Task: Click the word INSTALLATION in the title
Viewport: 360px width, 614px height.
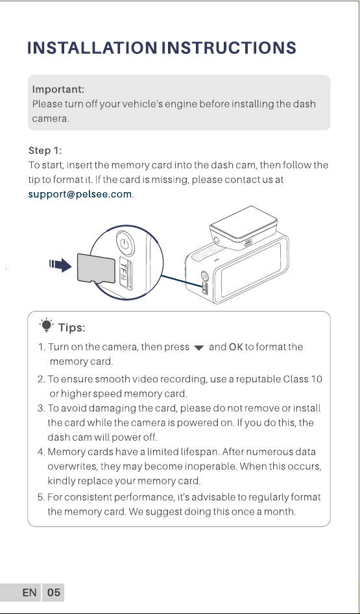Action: [x=92, y=48]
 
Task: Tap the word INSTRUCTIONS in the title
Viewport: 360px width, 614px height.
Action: [x=229, y=48]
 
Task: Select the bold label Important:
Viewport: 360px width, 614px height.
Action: [x=58, y=90]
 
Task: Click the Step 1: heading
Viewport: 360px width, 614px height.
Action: [x=45, y=151]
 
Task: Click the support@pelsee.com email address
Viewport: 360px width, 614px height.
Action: [x=80, y=194]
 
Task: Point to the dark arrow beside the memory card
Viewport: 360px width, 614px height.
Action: [x=60, y=265]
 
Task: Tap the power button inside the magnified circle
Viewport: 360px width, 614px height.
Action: [x=125, y=243]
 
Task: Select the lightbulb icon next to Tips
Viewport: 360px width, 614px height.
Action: [x=46, y=325]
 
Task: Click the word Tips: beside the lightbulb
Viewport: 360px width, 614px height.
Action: [x=71, y=327]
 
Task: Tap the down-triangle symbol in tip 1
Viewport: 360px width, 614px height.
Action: [x=198, y=348]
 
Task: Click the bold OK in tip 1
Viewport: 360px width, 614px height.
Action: [x=235, y=347]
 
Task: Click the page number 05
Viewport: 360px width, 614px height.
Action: [x=54, y=593]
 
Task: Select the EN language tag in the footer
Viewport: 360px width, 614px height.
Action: [x=29, y=593]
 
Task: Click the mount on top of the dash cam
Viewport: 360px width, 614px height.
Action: [x=244, y=227]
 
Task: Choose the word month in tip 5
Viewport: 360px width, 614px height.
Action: [x=281, y=511]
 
